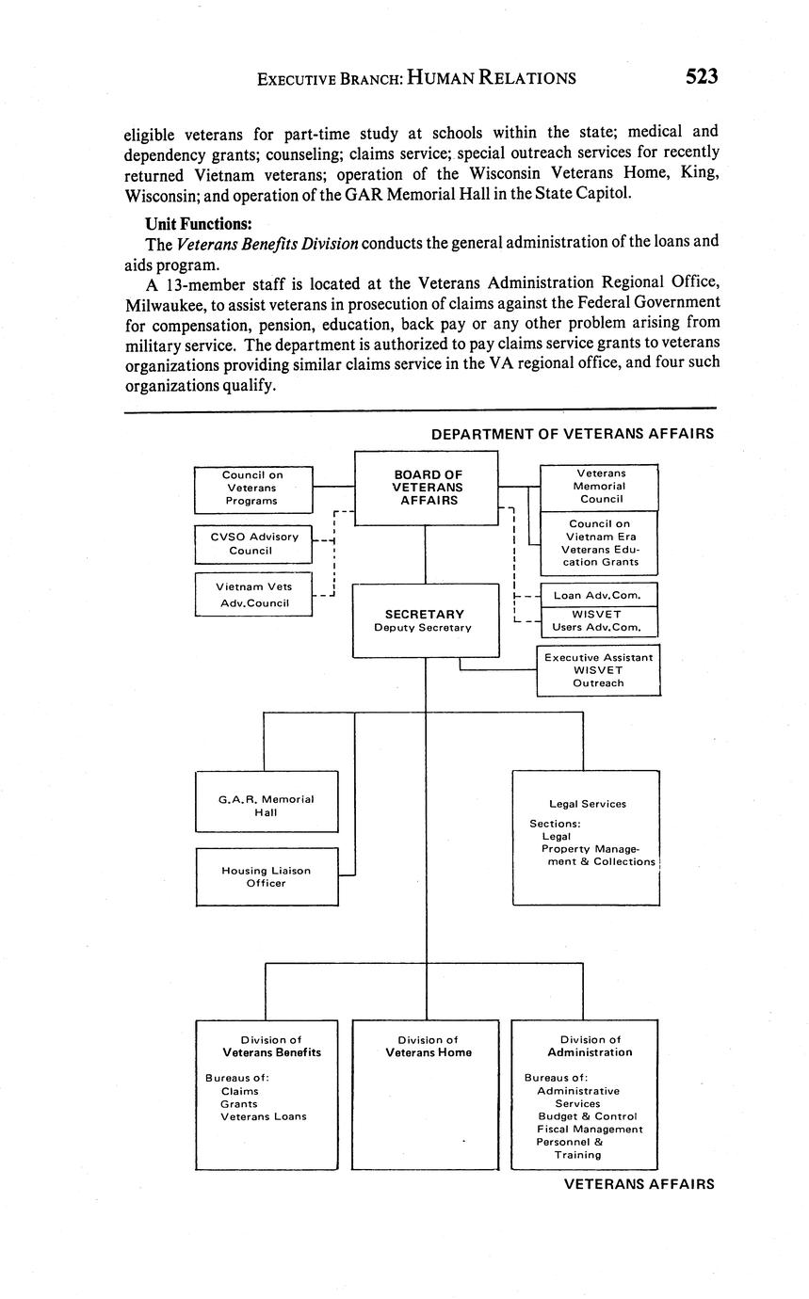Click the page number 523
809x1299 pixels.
click(702, 76)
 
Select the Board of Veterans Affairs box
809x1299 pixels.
click(426, 488)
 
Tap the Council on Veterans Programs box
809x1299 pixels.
click(252, 488)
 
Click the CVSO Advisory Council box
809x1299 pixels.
click(252, 543)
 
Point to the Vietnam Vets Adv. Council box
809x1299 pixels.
click(252, 594)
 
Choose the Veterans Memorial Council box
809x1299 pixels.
click(599, 487)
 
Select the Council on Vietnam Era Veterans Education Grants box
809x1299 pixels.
click(599, 543)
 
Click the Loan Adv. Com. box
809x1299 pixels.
click(599, 595)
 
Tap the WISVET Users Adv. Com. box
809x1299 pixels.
click(599, 621)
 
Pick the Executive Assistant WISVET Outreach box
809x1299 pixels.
click(599, 670)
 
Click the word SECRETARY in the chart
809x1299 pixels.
click(425, 615)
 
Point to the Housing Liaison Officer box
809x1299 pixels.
click(266, 876)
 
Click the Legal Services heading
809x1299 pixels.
click(587, 804)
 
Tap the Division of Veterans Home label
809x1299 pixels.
click(428, 1047)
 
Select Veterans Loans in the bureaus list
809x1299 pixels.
click(264, 1116)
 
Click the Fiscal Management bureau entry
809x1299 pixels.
click(590, 1129)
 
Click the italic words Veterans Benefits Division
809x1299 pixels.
click(267, 244)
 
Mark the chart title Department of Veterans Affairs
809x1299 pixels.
click(572, 434)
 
